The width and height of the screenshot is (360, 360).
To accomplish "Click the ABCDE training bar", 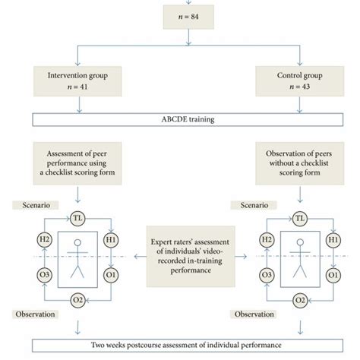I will tap(180, 118).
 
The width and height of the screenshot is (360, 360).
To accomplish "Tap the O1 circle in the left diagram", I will tap(111, 273).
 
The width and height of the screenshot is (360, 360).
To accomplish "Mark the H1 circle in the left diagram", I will tap(111, 239).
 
